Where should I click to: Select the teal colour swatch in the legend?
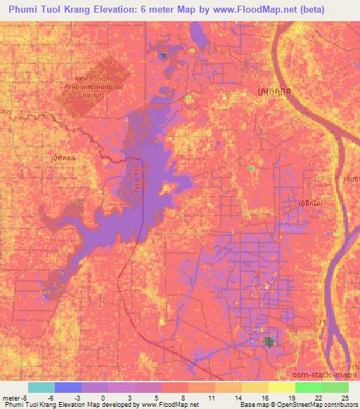tap(41, 387)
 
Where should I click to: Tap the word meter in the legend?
tap(11, 397)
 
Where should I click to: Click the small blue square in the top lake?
tap(163, 56)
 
